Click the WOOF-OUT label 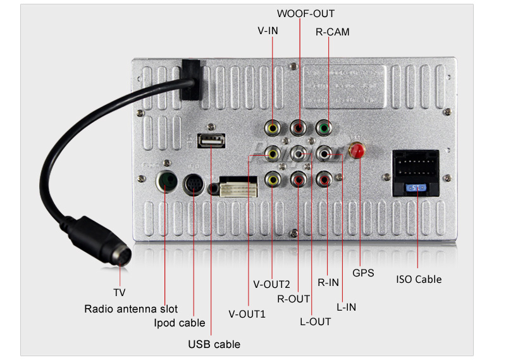click(305, 13)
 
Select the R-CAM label click(332, 31)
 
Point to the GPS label click(364, 273)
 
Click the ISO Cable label click(419, 279)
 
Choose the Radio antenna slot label click(131, 309)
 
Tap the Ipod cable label click(180, 323)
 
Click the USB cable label click(214, 344)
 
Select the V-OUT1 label click(247, 313)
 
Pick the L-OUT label click(315, 321)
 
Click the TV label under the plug click(120, 292)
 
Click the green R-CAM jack click(324, 128)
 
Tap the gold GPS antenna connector click(357, 152)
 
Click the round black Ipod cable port click(194, 185)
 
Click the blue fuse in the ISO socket click(414, 188)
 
